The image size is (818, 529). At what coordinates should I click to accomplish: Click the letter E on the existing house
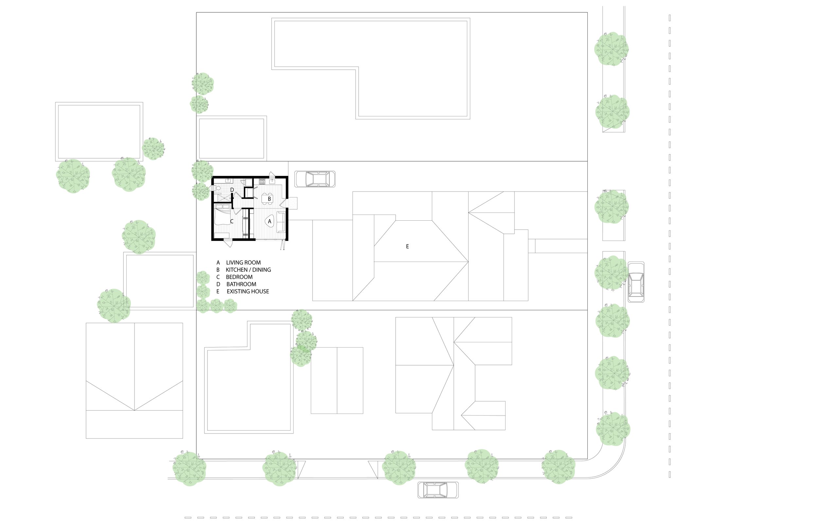[x=407, y=246]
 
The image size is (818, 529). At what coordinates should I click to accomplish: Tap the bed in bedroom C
[x=222, y=215]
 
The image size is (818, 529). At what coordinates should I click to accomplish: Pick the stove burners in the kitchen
[x=262, y=181]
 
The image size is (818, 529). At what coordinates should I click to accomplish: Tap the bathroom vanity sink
[x=228, y=180]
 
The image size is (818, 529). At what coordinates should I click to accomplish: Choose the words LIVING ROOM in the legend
[x=243, y=263]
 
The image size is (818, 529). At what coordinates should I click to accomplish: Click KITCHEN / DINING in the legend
[x=248, y=270]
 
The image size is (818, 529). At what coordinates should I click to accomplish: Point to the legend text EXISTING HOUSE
[x=248, y=292]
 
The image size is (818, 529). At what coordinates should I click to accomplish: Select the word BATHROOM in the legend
[x=241, y=284]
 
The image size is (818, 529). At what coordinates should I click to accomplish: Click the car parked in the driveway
[x=315, y=179]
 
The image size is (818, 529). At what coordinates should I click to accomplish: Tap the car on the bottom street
[x=437, y=490]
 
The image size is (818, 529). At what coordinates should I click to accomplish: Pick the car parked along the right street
[x=636, y=282]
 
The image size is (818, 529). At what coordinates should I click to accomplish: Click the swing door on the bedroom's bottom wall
[x=227, y=243]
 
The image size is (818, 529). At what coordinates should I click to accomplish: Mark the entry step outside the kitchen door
[x=293, y=203]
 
